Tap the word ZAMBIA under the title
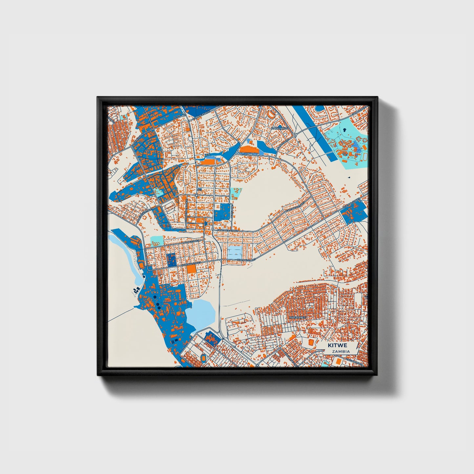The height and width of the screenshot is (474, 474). [x=340, y=351]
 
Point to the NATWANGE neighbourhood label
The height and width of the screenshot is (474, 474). [x=298, y=318]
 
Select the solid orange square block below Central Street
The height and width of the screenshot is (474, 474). [x=191, y=269]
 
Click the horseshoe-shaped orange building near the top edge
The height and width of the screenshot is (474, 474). [x=271, y=114]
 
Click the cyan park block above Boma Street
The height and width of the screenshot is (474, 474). [x=156, y=241]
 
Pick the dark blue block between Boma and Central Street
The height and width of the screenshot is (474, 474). [x=171, y=259]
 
